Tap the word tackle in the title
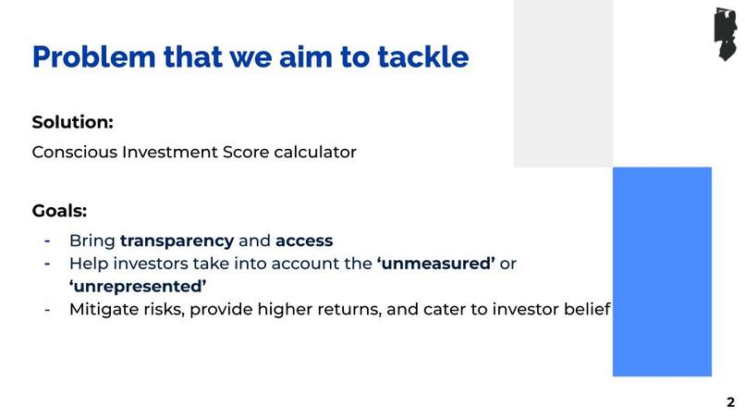click(422, 57)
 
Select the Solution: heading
click(73, 122)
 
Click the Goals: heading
click(59, 210)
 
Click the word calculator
click(314, 153)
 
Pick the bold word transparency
click(177, 240)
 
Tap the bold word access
click(304, 240)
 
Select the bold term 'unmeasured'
click(435, 264)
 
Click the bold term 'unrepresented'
click(138, 286)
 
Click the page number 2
click(730, 402)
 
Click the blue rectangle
click(662, 271)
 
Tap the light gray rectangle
click(563, 83)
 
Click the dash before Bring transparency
click(47, 240)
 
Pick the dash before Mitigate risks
click(47, 309)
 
